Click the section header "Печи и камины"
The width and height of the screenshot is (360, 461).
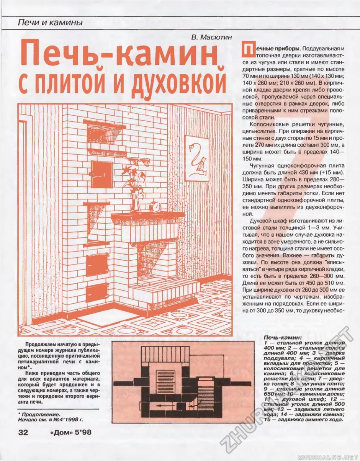click(51, 23)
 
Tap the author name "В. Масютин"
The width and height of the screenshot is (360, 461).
click(211, 38)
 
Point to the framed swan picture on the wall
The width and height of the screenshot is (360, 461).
click(197, 158)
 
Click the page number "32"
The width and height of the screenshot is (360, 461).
click(23, 433)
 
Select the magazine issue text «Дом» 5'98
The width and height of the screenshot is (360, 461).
click(70, 433)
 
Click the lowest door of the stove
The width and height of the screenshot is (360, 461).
click(97, 293)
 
